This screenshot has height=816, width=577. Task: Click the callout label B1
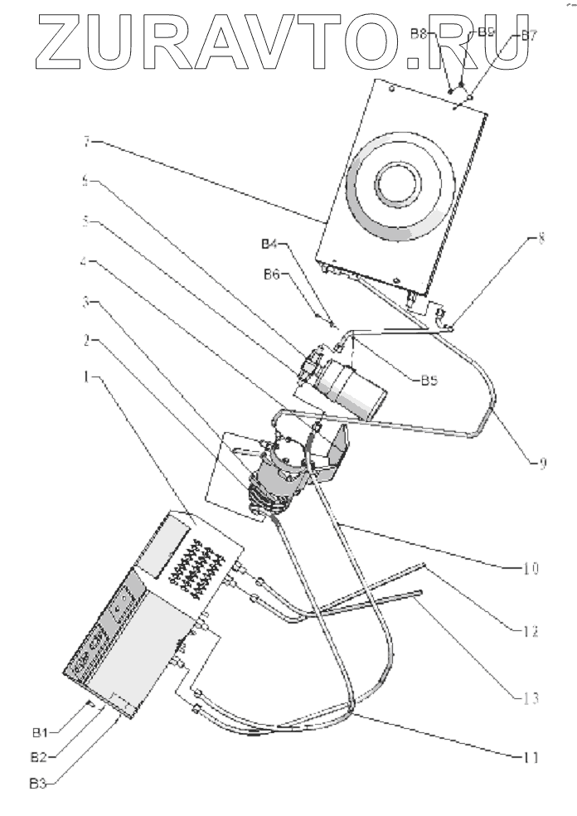point(41,732)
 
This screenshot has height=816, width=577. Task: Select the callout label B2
point(41,756)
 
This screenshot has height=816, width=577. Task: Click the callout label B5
point(428,380)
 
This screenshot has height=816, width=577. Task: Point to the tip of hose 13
point(419,592)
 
